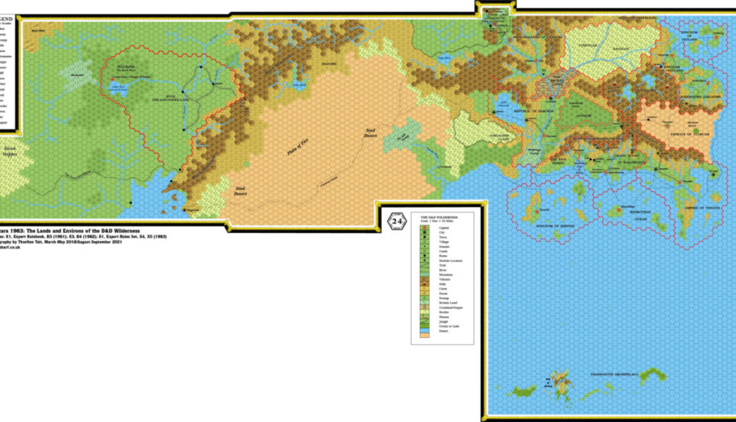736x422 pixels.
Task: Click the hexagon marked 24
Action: click(397, 221)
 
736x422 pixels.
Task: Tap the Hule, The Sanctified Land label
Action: click(150, 98)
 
